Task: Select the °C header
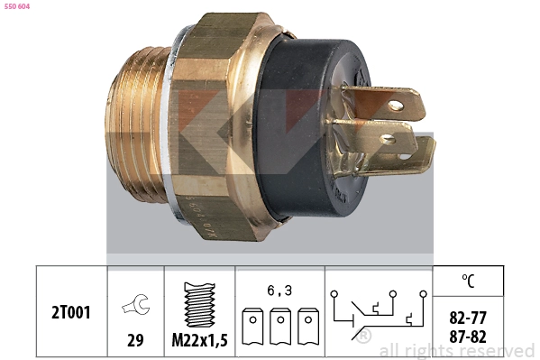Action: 467,281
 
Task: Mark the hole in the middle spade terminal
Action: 389,140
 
